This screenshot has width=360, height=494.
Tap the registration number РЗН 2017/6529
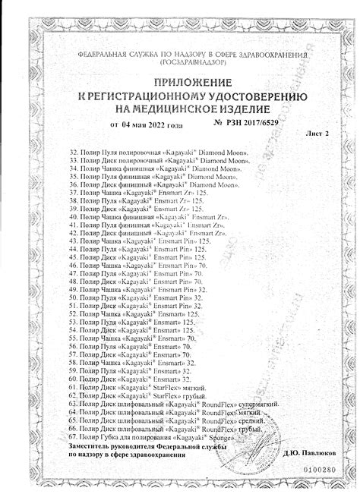point(252,123)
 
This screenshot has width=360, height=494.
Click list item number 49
point(74,291)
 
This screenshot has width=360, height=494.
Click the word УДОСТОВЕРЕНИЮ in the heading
point(240,96)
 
